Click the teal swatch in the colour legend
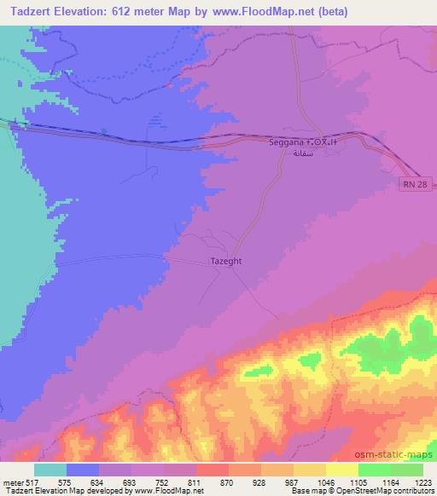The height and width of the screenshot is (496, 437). tap(50, 470)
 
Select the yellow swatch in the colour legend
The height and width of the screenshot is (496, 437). tap(341, 470)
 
